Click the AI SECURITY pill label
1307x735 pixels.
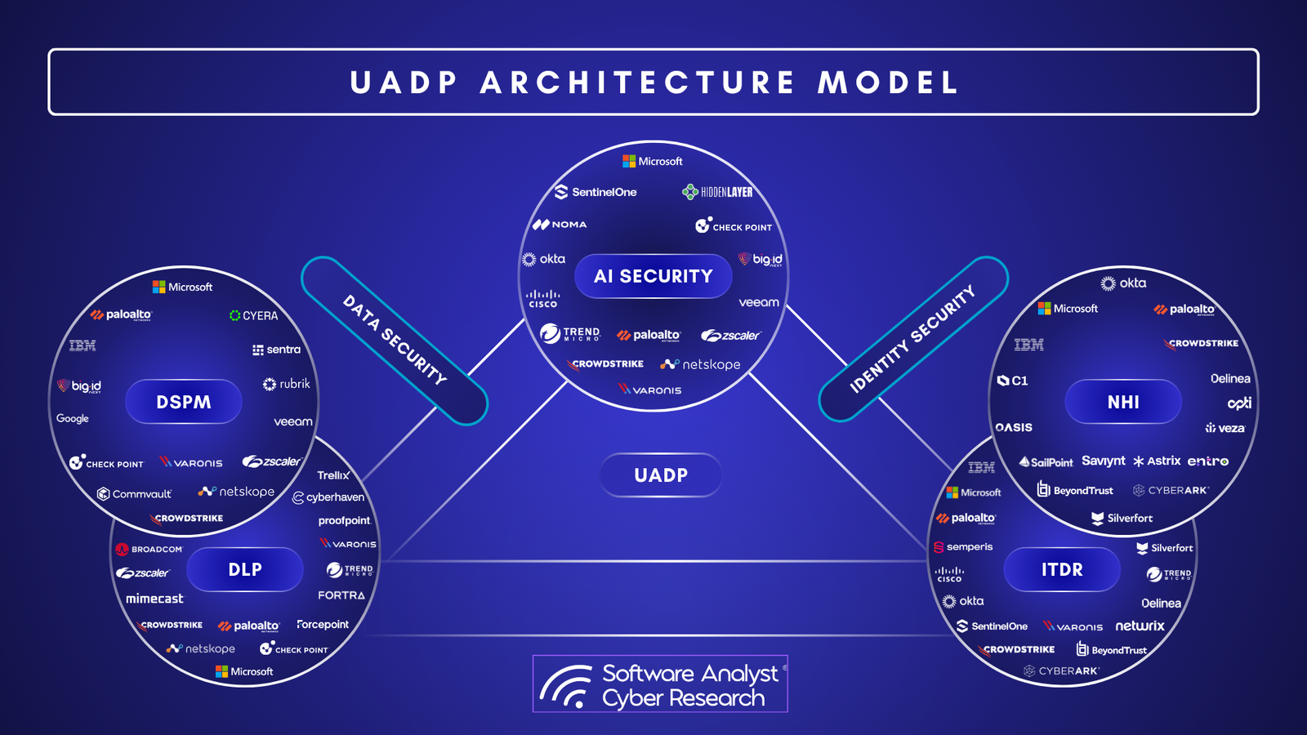(653, 276)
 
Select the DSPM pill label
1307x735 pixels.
(184, 402)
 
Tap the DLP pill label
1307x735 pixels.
(245, 569)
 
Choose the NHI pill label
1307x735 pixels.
(1123, 402)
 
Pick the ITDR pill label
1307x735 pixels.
(1062, 569)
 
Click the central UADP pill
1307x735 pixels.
(661, 475)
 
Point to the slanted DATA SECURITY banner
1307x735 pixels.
(395, 341)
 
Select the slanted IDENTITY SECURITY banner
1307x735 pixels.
(913, 339)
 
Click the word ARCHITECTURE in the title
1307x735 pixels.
(637, 82)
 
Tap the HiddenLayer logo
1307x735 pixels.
(717, 192)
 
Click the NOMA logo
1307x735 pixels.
(560, 225)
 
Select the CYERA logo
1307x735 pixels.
(253, 315)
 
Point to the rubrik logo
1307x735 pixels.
(286, 384)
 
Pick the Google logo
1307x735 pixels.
(73, 418)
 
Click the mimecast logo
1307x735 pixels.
(154, 599)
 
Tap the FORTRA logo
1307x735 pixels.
(341, 595)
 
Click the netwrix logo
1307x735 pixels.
(1140, 626)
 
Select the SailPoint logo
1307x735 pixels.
(1046, 462)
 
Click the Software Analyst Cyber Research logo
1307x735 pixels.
(660, 684)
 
